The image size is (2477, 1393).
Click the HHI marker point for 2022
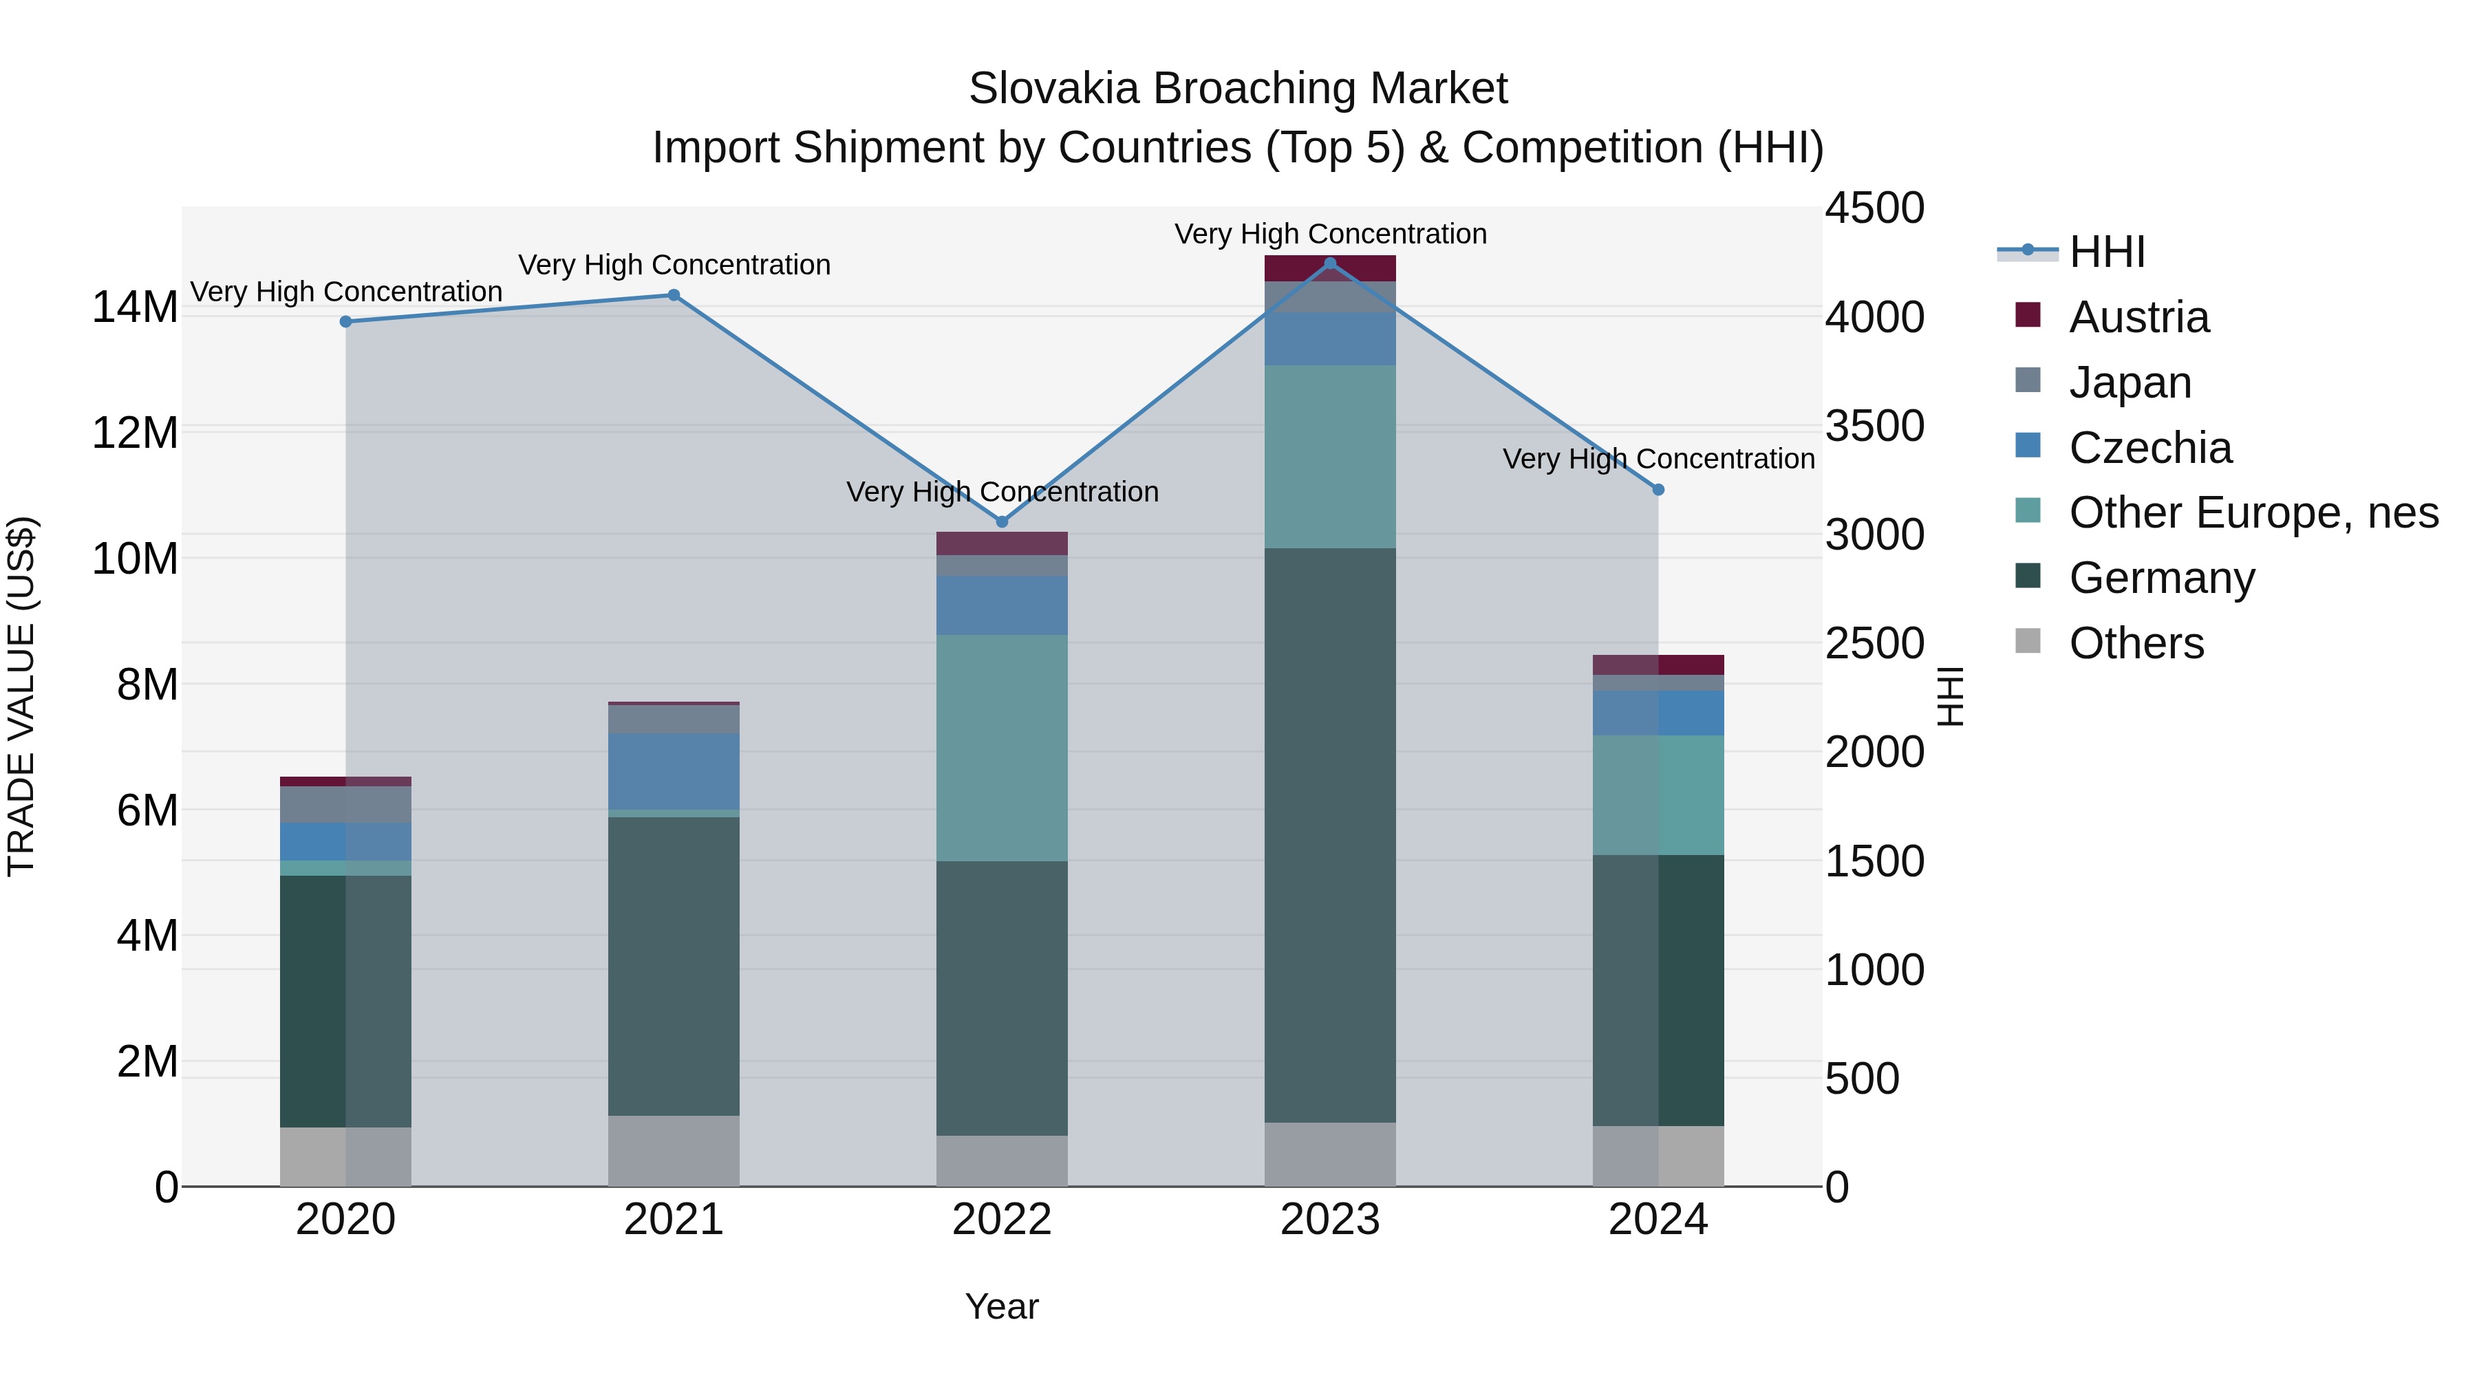coord(1001,521)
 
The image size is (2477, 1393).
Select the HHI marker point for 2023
coord(1330,263)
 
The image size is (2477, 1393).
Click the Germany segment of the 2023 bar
coord(1330,834)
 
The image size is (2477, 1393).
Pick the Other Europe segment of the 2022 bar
coord(1001,747)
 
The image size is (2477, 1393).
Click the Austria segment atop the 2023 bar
coord(1330,268)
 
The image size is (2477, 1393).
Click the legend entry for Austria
coord(2138,317)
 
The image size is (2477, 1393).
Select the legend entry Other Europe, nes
coord(2252,512)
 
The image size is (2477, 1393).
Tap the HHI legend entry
coord(2106,252)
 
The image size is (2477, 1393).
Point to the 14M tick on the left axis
coord(135,307)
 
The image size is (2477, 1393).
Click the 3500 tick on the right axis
coord(1874,426)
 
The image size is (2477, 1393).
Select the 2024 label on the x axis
coord(1658,1219)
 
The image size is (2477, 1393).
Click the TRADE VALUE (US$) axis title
coord(21,696)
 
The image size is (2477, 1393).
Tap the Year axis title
coord(1001,1306)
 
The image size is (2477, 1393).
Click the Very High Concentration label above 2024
coord(1658,459)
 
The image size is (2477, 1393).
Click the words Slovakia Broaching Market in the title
coord(1238,89)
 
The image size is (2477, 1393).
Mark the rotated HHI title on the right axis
coord(1949,696)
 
